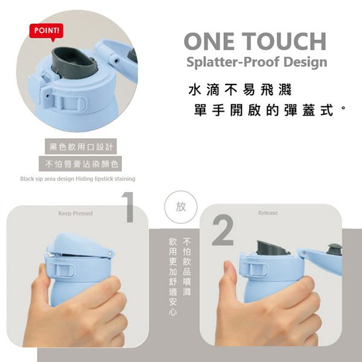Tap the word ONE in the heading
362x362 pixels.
tap(212, 42)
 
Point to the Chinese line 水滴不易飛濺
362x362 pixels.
tap(240, 91)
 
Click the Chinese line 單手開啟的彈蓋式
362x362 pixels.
tap(265, 112)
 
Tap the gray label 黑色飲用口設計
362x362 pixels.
tap(81, 147)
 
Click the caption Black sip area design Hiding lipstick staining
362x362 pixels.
tap(77, 179)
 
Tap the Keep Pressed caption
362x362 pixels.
tap(75, 214)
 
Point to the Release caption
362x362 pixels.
tap(268, 213)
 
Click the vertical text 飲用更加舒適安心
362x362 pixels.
tap(173, 277)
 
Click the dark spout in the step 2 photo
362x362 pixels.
tap(273, 246)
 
